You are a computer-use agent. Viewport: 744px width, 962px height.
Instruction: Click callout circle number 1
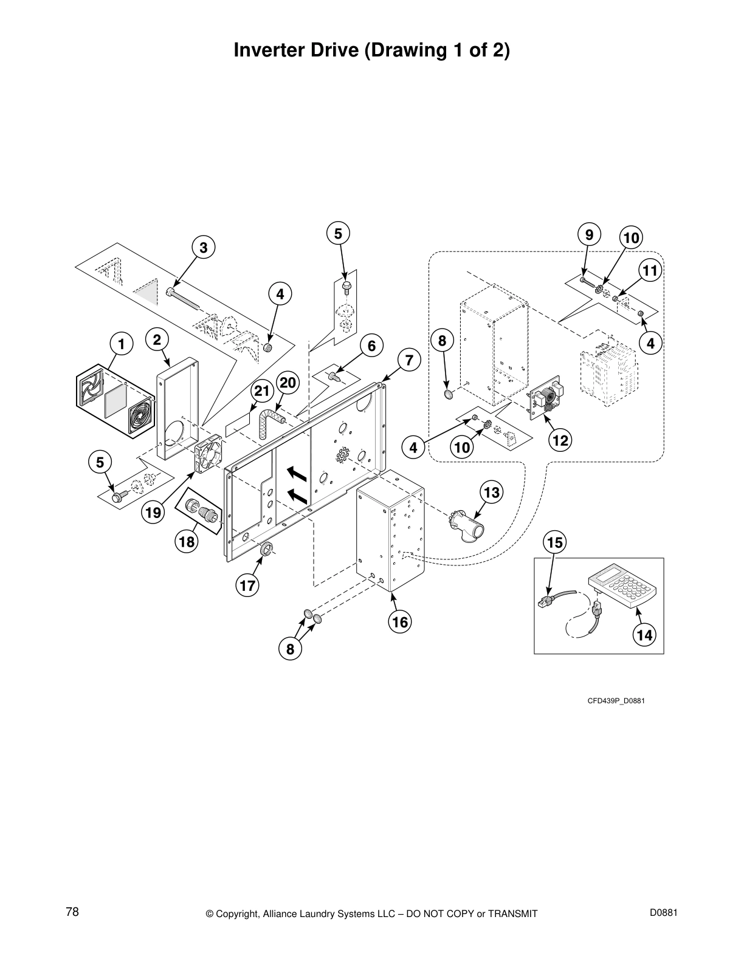[121, 344]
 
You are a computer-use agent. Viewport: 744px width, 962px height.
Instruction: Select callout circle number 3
[204, 247]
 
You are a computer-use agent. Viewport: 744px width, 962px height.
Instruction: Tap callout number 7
[409, 360]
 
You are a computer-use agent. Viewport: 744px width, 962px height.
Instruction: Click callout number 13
[492, 492]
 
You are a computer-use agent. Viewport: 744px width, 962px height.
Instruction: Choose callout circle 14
[644, 635]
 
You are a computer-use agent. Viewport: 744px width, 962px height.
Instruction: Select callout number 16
[400, 621]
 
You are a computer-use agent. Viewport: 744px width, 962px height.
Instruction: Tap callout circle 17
[247, 585]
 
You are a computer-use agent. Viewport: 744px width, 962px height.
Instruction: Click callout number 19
[153, 513]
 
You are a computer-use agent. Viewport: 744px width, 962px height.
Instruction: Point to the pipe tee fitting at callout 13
[466, 527]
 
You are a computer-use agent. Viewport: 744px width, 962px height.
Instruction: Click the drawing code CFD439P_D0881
[615, 701]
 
